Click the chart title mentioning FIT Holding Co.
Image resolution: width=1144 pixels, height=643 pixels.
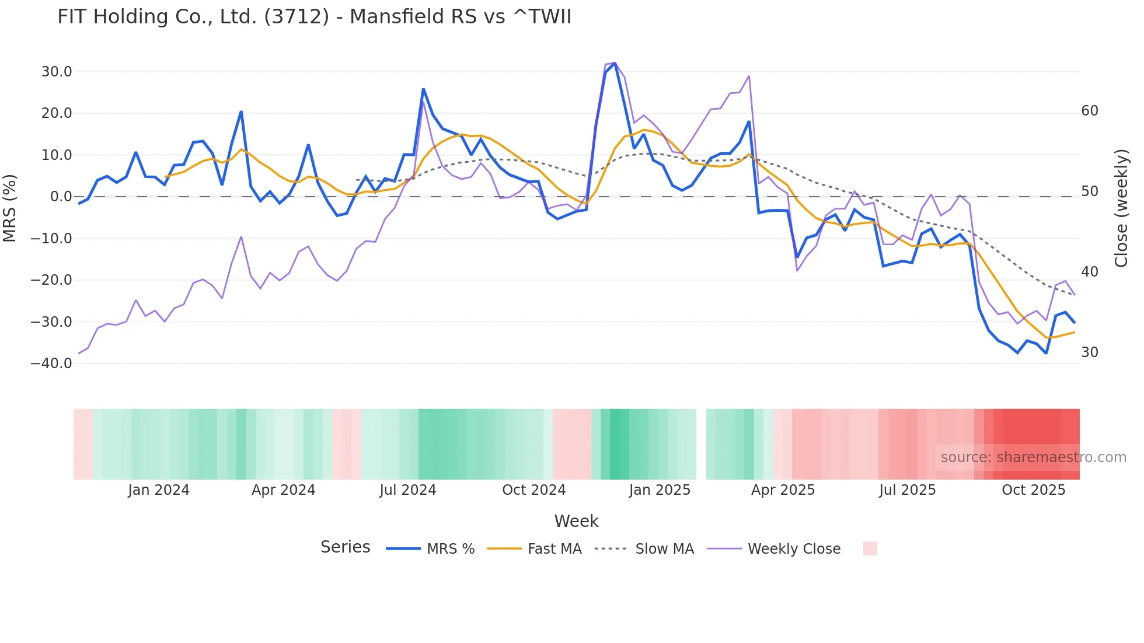314,16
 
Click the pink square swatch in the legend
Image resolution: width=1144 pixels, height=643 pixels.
870,548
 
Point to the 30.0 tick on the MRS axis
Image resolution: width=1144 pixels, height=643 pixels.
57,72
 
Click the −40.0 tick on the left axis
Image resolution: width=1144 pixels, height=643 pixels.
52,364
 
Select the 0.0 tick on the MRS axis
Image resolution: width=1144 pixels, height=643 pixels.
61,197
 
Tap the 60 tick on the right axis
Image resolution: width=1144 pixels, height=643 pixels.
1090,111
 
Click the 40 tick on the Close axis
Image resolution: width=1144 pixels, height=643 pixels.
1090,272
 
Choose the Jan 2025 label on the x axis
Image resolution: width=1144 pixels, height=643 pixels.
660,490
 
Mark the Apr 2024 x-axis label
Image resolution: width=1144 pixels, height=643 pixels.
283,490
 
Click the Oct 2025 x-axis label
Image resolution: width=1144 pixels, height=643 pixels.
1033,490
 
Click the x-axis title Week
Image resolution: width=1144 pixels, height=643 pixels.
576,521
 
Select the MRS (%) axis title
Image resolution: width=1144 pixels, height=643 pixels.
9,208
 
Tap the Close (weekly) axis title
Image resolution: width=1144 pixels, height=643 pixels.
1121,208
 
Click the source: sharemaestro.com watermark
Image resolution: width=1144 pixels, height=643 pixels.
1033,457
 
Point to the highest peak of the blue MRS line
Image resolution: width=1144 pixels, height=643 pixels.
615,64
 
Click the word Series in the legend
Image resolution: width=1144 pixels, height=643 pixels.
345,547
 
